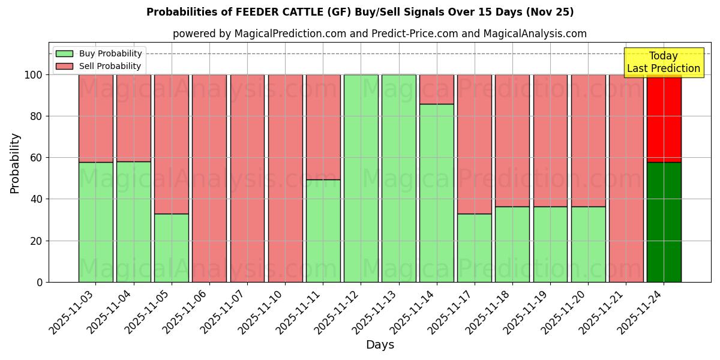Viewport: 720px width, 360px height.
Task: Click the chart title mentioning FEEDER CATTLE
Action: coord(360,12)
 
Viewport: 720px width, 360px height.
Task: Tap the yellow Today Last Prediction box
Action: coord(663,62)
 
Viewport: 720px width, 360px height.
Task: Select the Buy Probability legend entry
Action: coord(110,53)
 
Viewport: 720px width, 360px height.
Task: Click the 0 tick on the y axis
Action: coord(40,282)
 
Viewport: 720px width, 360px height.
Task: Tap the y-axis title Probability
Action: coord(15,163)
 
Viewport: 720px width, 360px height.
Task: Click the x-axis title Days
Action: coord(380,345)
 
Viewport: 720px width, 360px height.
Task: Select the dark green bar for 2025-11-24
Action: coord(664,222)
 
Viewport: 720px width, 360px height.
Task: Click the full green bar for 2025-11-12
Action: coord(361,178)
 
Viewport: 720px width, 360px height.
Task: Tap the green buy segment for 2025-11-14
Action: coord(437,193)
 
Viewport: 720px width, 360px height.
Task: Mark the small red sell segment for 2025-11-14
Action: coord(437,89)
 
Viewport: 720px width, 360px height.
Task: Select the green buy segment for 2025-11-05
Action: coord(172,248)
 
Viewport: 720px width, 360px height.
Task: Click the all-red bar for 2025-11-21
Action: coord(626,178)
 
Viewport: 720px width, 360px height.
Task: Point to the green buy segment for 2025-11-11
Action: coord(323,231)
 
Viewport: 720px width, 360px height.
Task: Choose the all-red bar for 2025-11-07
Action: coord(247,178)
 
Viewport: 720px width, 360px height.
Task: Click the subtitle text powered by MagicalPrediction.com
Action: coord(380,34)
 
